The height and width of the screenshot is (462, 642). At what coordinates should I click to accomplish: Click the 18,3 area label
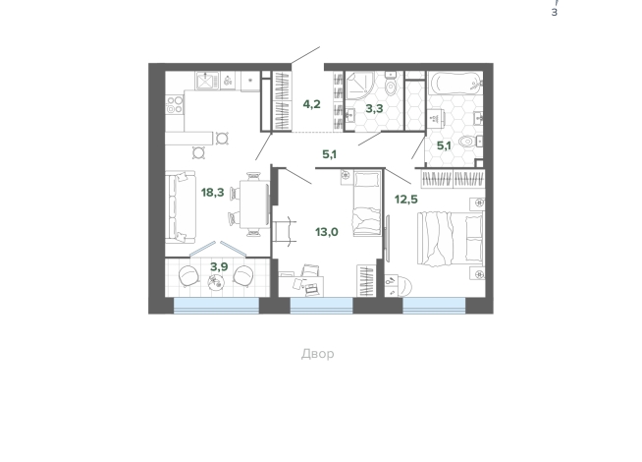pyautogui.click(x=212, y=192)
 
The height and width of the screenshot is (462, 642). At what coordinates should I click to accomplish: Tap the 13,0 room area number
pyautogui.click(x=326, y=232)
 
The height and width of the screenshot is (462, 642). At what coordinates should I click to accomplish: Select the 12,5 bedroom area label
pyautogui.click(x=406, y=200)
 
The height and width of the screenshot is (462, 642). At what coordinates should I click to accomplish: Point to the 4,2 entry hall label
pyautogui.click(x=311, y=104)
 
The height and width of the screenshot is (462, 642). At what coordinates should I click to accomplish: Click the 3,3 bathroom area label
pyautogui.click(x=374, y=109)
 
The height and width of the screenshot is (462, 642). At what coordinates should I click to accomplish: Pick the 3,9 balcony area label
pyautogui.click(x=219, y=266)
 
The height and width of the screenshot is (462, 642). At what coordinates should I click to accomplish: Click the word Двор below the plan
pyautogui.click(x=318, y=353)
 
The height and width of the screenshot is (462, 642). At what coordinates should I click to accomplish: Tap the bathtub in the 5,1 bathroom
pyautogui.click(x=455, y=84)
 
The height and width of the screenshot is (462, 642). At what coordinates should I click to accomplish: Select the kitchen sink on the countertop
pyautogui.click(x=207, y=81)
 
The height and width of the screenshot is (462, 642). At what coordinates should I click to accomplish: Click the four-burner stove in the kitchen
pyautogui.click(x=175, y=104)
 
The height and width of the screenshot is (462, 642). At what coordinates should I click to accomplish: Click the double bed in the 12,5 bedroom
pyautogui.click(x=451, y=239)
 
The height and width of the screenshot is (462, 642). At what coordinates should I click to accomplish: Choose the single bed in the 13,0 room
pyautogui.click(x=367, y=203)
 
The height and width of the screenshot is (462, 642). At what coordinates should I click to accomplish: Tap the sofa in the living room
pyautogui.click(x=181, y=207)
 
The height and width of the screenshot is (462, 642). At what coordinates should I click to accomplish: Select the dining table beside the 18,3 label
pyautogui.click(x=254, y=204)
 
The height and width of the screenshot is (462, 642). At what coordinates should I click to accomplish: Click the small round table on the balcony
pyautogui.click(x=216, y=283)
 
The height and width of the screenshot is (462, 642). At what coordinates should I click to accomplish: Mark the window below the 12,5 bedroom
pyautogui.click(x=434, y=306)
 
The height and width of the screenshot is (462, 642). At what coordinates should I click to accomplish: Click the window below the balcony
pyautogui.click(x=217, y=306)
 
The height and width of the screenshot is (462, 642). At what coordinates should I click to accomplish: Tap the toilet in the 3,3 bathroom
pyautogui.click(x=392, y=84)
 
